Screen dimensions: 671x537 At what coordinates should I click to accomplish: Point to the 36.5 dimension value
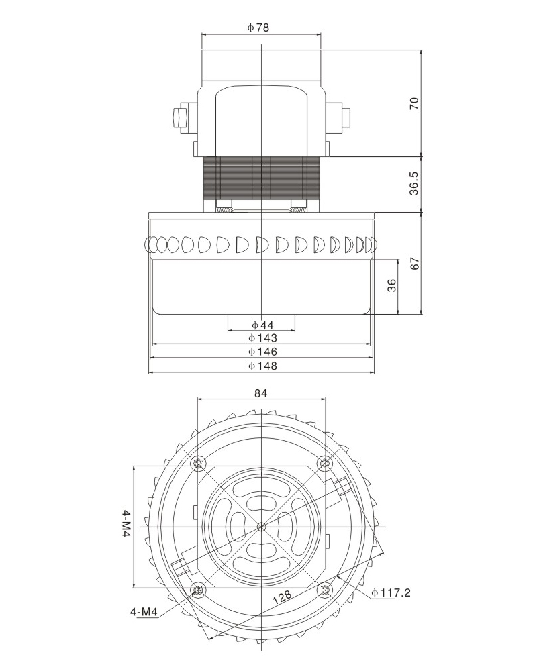click(414, 183)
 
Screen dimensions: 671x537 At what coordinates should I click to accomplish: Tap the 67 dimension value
click(414, 263)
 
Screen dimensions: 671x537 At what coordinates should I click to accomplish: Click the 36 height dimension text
click(393, 285)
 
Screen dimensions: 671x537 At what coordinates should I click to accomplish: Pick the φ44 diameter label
click(261, 325)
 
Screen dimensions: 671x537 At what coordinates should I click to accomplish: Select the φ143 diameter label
click(261, 338)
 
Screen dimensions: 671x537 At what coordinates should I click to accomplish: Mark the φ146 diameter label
click(261, 352)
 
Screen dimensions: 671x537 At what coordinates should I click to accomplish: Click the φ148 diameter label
click(261, 366)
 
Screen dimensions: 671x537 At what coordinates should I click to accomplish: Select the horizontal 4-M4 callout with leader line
click(144, 612)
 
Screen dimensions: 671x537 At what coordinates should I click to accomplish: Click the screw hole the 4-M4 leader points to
click(198, 590)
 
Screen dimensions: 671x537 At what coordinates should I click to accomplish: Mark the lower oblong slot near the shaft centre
click(261, 551)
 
